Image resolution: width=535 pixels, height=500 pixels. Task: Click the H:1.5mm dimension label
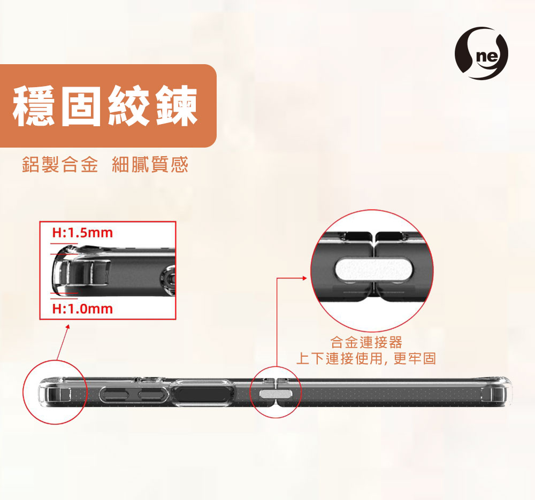[82, 233]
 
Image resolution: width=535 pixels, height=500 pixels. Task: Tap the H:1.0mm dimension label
[82, 309]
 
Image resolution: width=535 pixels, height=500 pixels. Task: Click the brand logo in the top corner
[481, 53]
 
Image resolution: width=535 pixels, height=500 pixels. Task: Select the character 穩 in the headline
[33, 106]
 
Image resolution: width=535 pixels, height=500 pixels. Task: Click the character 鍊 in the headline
[177, 106]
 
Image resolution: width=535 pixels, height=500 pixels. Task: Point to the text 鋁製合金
[60, 164]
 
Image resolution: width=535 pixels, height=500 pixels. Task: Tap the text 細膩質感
[150, 164]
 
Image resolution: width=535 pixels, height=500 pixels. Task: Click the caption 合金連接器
[366, 342]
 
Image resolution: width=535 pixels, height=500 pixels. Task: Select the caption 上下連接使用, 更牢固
[366, 358]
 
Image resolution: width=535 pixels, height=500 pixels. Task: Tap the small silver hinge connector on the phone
[276, 394]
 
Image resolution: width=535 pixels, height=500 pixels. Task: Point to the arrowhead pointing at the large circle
[305, 278]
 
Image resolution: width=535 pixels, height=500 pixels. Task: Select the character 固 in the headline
[81, 106]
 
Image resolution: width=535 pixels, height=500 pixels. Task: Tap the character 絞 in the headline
[129, 106]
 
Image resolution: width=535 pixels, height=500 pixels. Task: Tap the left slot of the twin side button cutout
[116, 395]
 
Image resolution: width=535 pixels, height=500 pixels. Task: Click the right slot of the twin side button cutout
[152, 395]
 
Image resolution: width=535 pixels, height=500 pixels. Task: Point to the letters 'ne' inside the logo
[488, 56]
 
